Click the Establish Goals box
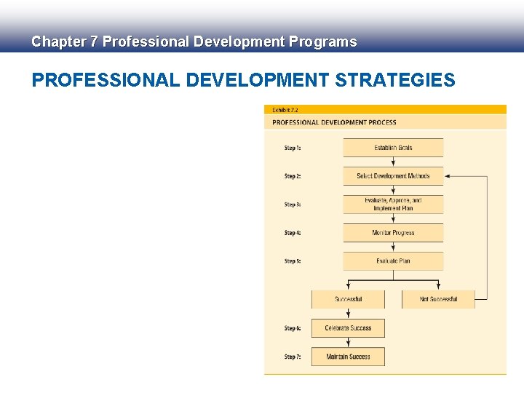(393, 148)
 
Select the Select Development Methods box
(393, 176)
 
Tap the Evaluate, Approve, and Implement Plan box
(393, 205)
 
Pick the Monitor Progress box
(393, 233)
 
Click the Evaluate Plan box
(393, 261)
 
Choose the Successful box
(348, 299)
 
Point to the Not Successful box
(438, 299)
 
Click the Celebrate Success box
(348, 328)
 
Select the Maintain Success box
(348, 357)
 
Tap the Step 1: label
(293, 148)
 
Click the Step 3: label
(293, 205)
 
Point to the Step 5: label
(293, 261)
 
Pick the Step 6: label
(293, 329)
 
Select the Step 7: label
(293, 357)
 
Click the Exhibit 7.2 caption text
(285, 110)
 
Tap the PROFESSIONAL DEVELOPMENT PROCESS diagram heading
(334, 122)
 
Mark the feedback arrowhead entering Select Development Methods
(448, 176)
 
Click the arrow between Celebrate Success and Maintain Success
(348, 342)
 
